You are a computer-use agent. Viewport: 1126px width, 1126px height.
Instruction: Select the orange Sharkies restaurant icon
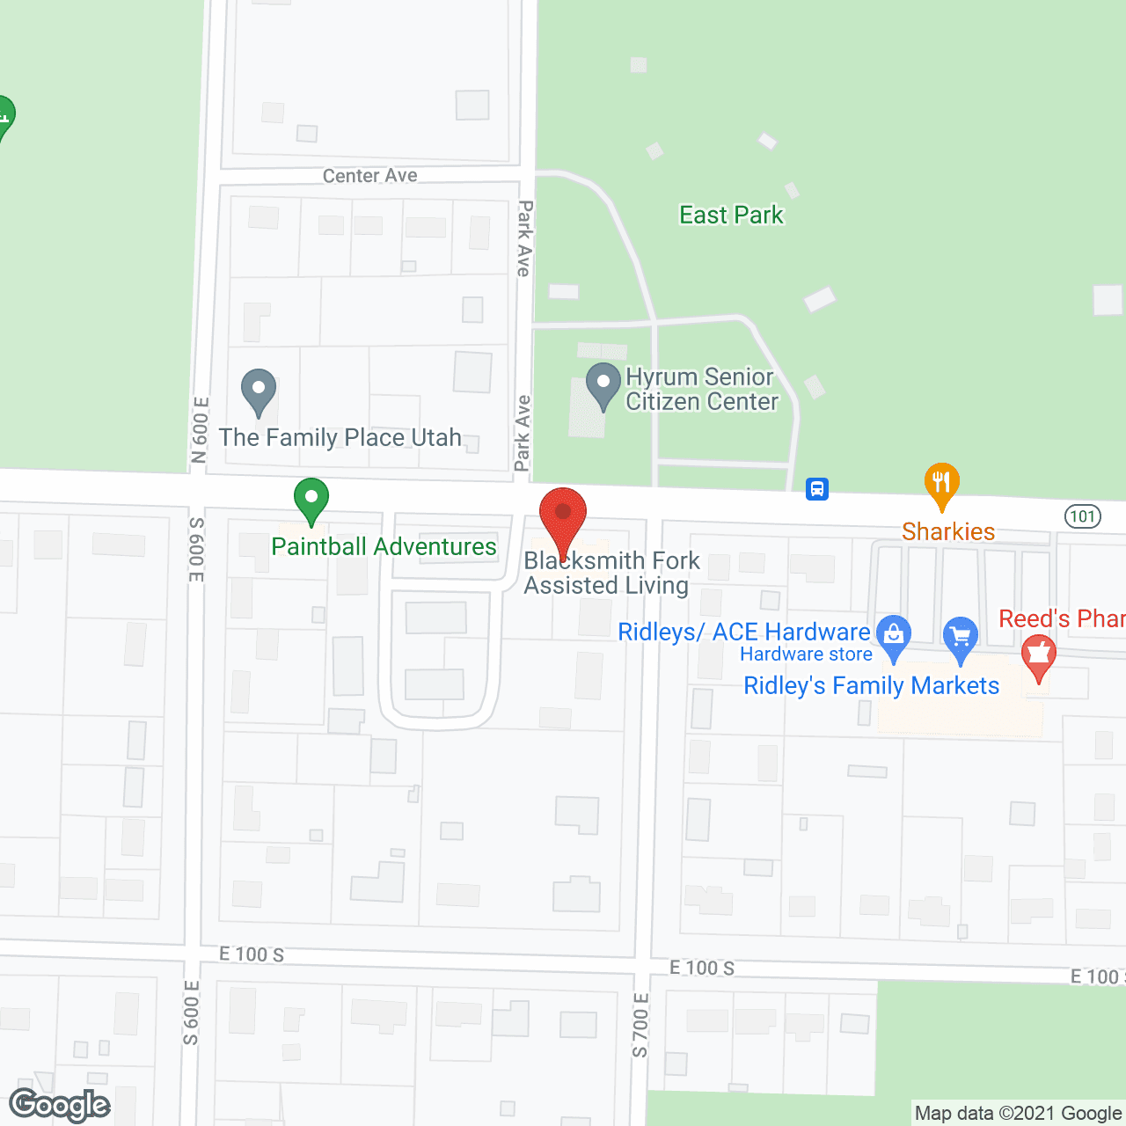941,483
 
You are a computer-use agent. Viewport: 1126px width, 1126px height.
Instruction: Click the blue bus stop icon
817,488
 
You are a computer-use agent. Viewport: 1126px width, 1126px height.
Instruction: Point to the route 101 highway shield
1083,515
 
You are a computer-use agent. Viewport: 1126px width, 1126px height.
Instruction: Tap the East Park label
731,216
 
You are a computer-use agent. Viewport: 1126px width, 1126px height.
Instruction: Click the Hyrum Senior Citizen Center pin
603,384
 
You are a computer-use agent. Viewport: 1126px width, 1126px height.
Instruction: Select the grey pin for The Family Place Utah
259,390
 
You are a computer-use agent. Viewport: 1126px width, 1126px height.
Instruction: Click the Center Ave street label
369,176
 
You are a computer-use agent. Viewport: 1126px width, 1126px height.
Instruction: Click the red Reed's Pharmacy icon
1039,656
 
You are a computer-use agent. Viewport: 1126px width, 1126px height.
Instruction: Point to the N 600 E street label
201,429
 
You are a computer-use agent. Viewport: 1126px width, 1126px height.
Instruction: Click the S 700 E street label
640,1024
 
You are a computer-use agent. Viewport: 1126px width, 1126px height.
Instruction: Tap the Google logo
60,1105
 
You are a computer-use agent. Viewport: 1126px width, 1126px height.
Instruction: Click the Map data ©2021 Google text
1018,1114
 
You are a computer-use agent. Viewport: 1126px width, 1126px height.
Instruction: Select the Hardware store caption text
806,654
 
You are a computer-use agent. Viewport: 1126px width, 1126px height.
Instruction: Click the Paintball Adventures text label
384,547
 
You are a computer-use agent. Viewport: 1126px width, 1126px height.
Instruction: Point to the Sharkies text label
948,531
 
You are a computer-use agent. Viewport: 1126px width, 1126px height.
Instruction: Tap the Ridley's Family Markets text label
871,686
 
